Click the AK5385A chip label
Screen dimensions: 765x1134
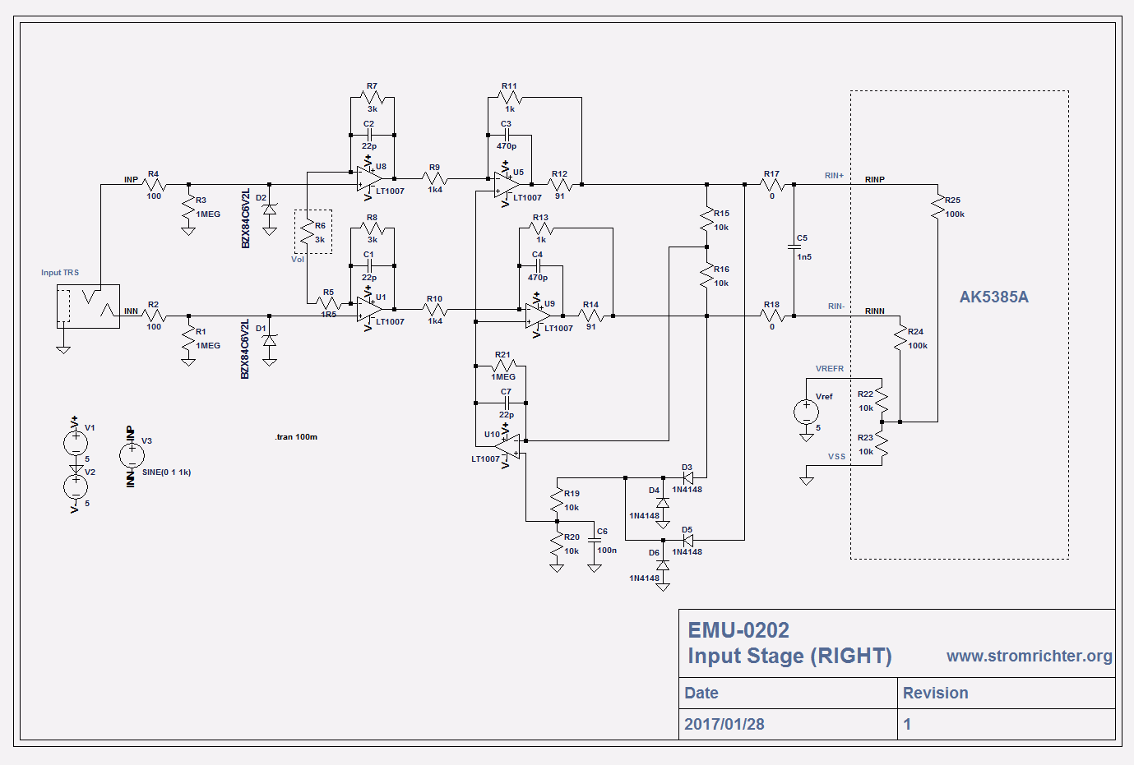(993, 297)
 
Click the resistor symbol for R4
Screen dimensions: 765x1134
(154, 185)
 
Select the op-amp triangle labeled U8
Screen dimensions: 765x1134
(368, 178)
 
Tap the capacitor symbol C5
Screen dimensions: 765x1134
(794, 247)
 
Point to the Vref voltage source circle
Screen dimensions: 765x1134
(806, 411)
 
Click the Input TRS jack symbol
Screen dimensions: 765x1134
(88, 306)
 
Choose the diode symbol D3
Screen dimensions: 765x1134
(687, 477)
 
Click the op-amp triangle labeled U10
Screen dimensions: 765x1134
(509, 446)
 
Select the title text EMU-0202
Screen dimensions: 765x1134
(738, 630)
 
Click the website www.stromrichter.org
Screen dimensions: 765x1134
(1029, 656)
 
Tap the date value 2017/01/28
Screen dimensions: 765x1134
(724, 724)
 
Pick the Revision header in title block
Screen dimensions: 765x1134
(935, 693)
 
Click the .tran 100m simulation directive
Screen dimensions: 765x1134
(296, 437)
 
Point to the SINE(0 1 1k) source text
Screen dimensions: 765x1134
(166, 472)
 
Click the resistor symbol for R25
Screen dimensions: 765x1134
(937, 206)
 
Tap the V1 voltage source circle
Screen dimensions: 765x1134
(76, 443)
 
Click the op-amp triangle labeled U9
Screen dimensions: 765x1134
(538, 316)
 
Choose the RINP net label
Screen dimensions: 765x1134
(874, 179)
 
